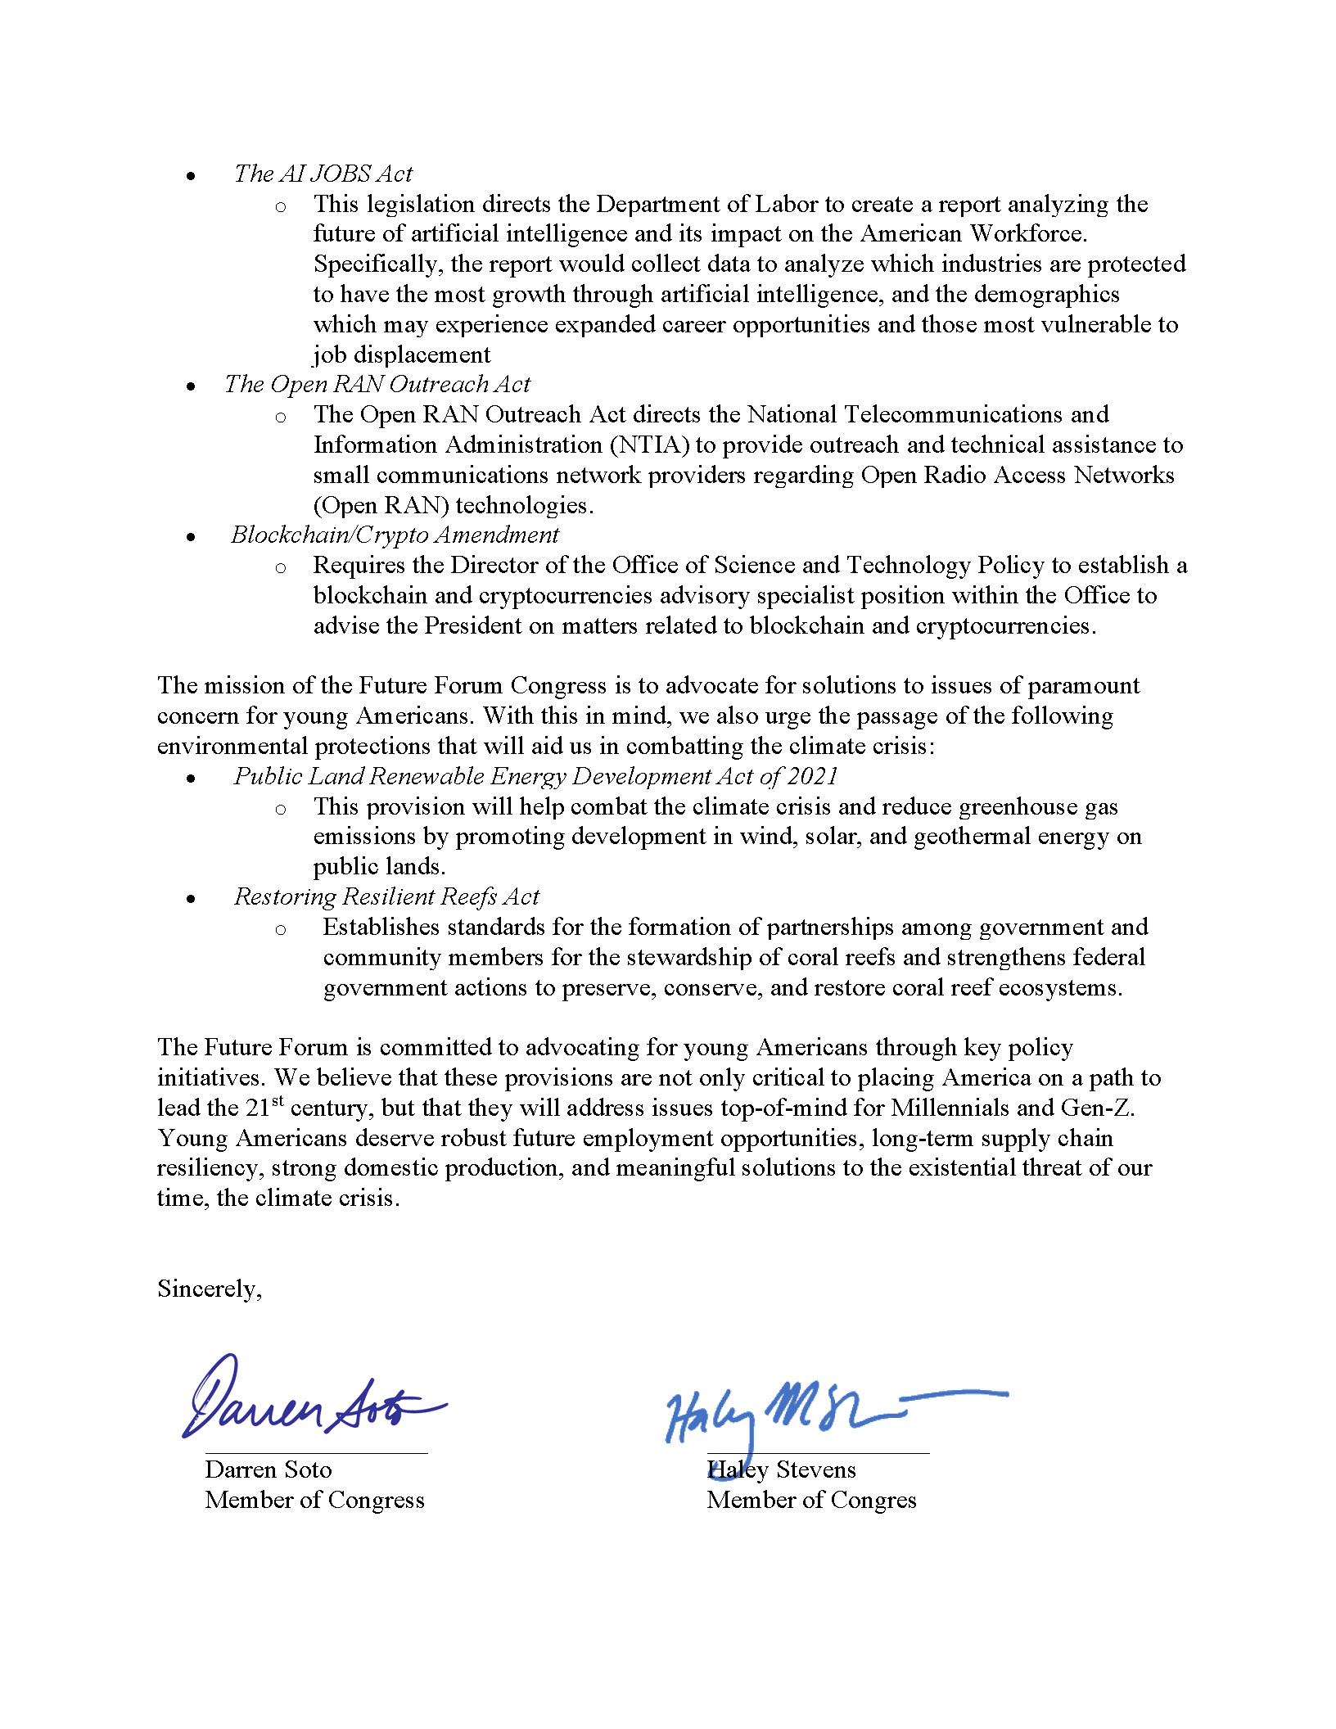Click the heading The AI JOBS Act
tap(323, 174)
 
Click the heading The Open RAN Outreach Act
tap(377, 384)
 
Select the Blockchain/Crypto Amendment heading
tap(395, 535)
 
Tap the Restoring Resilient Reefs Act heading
tap(386, 896)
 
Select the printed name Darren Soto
tap(269, 1469)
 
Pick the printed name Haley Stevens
tap(782, 1469)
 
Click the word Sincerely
tap(209, 1289)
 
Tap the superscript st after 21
tap(278, 1101)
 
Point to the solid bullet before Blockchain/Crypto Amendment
tap(191, 537)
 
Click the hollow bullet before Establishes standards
tap(281, 929)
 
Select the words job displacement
tap(402, 354)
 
